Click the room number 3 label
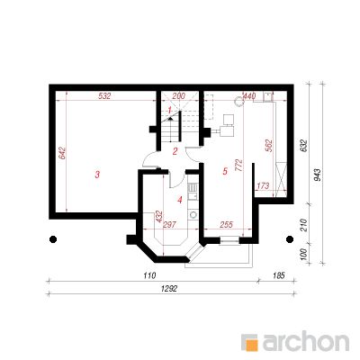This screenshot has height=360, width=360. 97,175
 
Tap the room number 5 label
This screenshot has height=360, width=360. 225,171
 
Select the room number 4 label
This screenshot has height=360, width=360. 180,200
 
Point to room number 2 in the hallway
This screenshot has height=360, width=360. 175,151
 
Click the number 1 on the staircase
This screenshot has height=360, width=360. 169,111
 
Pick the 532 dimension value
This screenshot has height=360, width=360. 105,96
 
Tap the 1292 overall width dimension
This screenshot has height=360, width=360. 169,289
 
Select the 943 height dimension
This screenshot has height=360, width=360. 318,175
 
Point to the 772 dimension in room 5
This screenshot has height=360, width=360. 239,166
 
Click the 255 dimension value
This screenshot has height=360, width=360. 226,224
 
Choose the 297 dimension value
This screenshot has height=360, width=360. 169,224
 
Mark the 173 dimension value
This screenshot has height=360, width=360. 263,186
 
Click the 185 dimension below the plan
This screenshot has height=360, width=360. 279,275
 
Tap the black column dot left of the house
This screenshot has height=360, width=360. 53,239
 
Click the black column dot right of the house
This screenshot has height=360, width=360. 290,239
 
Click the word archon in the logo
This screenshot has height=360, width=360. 306,341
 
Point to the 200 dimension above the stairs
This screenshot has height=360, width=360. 179,96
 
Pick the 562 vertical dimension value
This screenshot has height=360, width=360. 269,146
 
